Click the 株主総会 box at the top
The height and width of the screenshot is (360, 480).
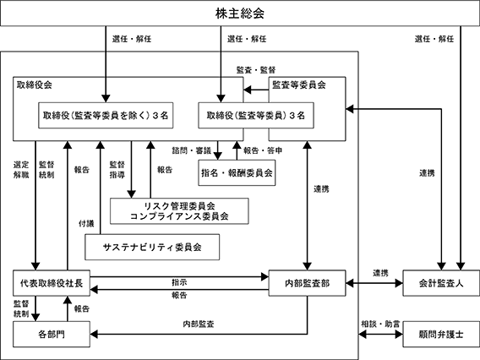pos(240,14)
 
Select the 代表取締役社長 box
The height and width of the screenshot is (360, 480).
pos(52,283)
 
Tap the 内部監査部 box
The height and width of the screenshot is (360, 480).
pos(307,283)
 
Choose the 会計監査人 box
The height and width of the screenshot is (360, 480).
pos(441,283)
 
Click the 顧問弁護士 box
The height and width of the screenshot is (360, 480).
pos(441,335)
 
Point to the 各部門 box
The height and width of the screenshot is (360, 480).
pos(52,335)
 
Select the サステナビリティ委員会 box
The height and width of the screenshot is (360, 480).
pos(152,247)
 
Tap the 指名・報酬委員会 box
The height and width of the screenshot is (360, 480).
pos(237,172)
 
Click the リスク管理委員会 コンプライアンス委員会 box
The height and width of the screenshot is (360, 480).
pos(179,211)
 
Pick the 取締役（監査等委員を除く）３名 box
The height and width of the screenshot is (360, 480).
pos(106,116)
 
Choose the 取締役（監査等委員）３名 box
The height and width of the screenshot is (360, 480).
pos(256,116)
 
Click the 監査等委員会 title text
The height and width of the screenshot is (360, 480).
pos(299,85)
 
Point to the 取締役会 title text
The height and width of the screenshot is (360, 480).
pos(35,85)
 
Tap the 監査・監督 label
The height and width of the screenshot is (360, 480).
pos(256,70)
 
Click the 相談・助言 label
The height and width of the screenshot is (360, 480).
pos(380,324)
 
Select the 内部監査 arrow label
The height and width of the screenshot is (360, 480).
pos(199,324)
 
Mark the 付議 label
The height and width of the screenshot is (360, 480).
pos(86,224)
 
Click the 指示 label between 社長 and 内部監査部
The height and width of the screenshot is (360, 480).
pos(179,282)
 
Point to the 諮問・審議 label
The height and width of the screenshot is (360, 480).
pos(192,150)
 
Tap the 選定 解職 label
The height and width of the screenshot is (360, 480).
pos(21,170)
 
